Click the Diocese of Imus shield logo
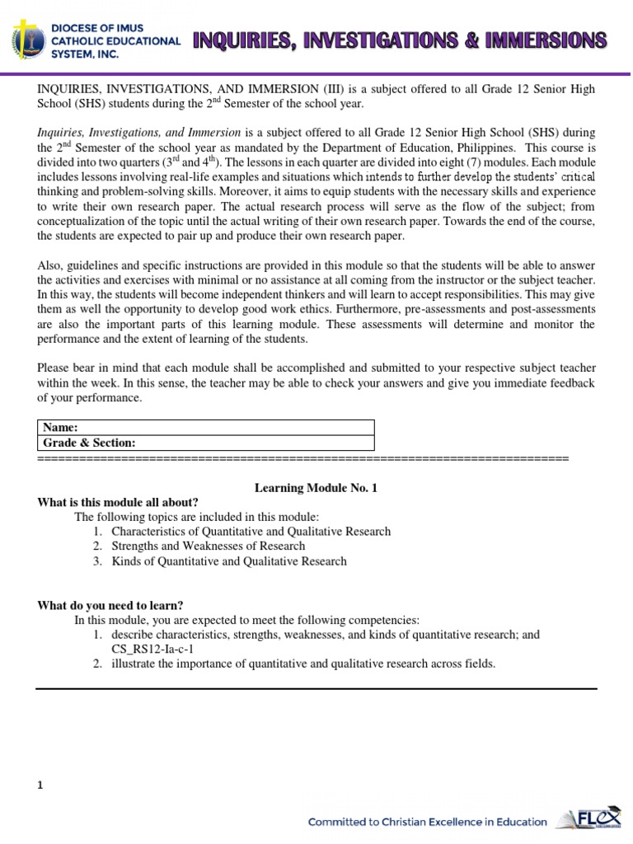tap(28, 40)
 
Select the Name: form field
tap(206, 427)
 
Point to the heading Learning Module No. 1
tap(316, 488)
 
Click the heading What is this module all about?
tap(118, 502)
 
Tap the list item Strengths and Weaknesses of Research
tap(208, 546)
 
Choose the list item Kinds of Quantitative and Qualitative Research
tap(229, 561)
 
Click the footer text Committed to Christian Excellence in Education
tap(427, 821)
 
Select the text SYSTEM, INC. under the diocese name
tap(85, 54)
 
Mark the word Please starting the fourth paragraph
tap(54, 368)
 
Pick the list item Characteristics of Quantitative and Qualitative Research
tap(251, 531)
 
